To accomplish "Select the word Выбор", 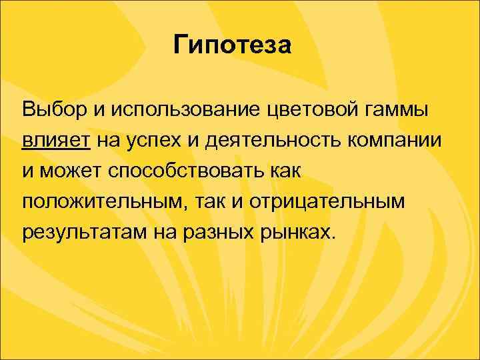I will pyautogui.click(x=50, y=108).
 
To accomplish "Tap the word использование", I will pyautogui.click(x=177, y=108).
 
